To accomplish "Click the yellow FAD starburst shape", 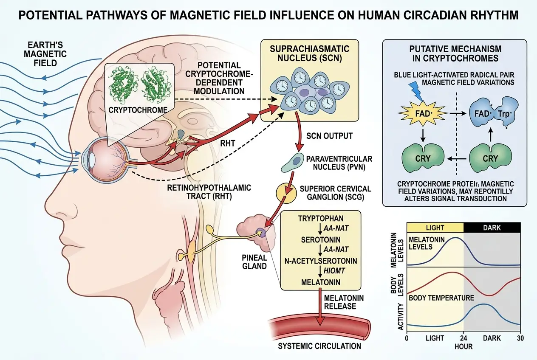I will point(421,114).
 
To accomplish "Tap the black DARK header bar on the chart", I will point(492,228).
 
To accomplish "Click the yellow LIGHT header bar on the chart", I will point(435,228).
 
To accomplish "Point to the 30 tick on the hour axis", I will point(520,338).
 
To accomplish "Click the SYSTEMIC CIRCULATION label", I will point(319,346).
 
